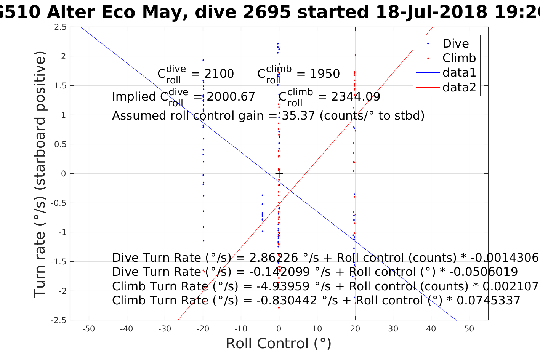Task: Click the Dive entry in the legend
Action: [455, 44]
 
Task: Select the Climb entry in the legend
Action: [459, 58]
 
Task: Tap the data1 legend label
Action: [459, 73]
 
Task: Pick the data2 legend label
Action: [459, 88]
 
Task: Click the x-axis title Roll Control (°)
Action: [279, 344]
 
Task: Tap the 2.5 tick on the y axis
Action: [61, 27]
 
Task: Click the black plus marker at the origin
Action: [279, 174]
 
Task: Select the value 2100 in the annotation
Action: [219, 74]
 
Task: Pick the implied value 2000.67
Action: [231, 97]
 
